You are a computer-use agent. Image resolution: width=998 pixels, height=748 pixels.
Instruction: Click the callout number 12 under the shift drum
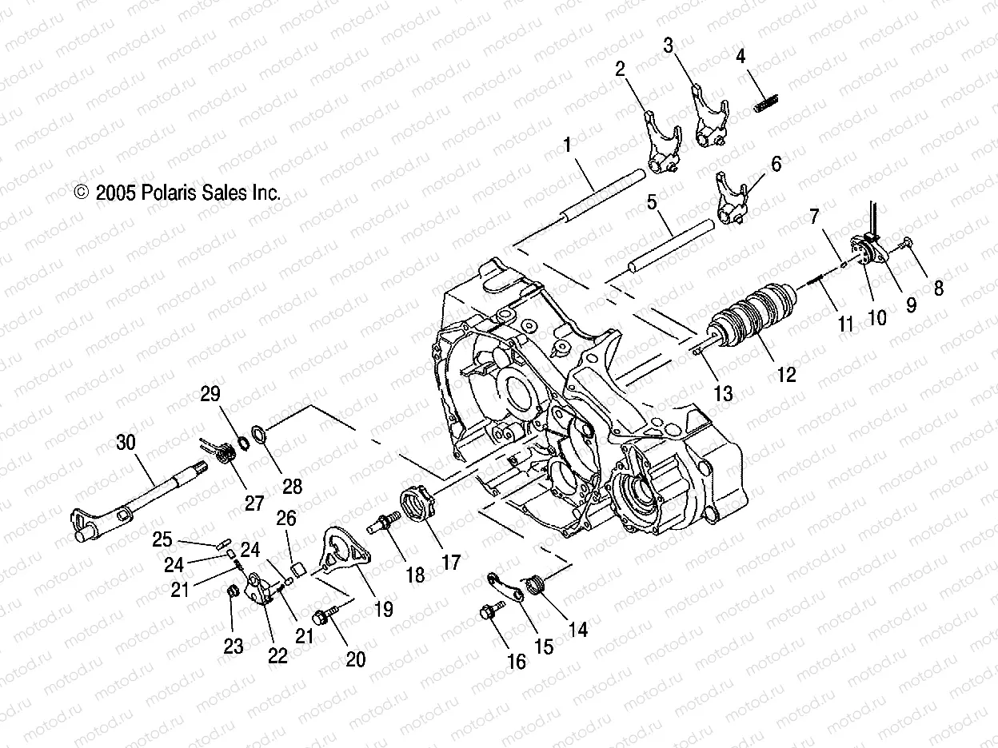click(786, 375)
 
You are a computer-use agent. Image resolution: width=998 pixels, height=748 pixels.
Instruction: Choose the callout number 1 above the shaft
click(590, 145)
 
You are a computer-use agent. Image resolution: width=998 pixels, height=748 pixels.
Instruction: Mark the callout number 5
click(653, 202)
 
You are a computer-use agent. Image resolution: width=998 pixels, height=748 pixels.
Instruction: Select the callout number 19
click(383, 609)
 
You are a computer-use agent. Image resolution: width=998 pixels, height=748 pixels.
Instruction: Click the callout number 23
click(233, 647)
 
